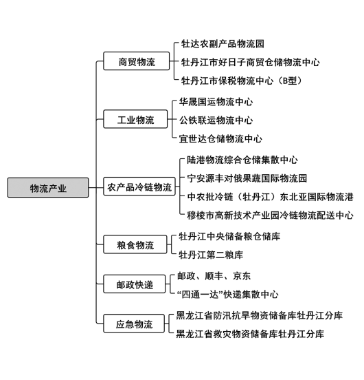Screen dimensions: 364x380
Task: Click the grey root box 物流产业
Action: coord(48,187)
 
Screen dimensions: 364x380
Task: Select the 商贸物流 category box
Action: coord(136,61)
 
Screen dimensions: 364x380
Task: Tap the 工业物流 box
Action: coord(135,119)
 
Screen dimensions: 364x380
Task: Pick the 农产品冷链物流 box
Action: coord(139,187)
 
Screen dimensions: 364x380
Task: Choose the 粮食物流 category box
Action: coord(135,244)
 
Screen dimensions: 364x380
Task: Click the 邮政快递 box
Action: coord(135,284)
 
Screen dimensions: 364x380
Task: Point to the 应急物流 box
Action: coord(134,324)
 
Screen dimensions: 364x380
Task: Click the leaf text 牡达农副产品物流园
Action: coord(223,44)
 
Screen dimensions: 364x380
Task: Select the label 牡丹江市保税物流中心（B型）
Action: coord(242,81)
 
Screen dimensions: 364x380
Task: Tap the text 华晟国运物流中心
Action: coord(216,102)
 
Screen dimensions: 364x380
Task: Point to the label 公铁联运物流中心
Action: coord(216,120)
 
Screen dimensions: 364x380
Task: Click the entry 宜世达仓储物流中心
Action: coord(220,139)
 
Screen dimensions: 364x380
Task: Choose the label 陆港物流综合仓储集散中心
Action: coord(242,160)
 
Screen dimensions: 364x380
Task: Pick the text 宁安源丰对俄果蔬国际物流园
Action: coord(247,178)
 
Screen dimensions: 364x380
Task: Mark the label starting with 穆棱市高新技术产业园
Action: coord(270,215)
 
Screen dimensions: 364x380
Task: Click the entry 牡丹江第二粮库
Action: coord(211,255)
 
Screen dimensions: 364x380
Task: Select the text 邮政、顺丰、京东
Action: coord(214,276)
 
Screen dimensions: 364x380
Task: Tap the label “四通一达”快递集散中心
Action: coord(227,295)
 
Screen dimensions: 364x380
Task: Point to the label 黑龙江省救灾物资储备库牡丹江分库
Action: coord(250,334)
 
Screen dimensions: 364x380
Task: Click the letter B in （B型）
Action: coord(285,81)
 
